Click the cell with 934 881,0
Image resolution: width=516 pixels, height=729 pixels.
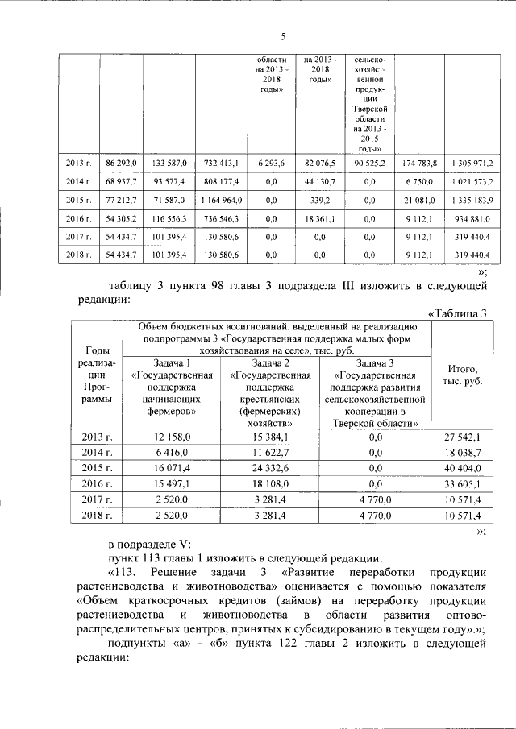click(472, 218)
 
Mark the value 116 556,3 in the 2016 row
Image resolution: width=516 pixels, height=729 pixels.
click(169, 218)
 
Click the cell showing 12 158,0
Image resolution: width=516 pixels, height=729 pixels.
click(175, 436)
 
